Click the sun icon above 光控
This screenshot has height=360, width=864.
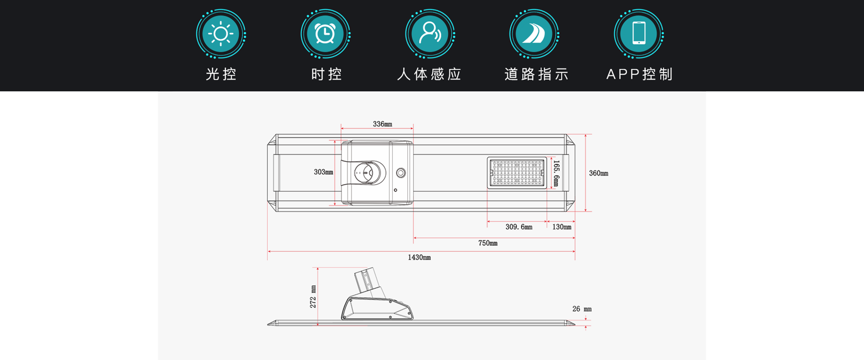coord(220,34)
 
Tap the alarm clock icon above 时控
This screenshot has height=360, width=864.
coord(325,34)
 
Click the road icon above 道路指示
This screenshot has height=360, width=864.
coord(534,34)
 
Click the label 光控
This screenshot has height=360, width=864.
coord(221,74)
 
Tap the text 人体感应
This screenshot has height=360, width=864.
coord(429,74)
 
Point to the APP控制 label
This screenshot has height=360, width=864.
coord(639,74)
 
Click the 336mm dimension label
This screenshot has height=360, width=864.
coord(382,124)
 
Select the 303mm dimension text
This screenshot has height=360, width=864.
coord(324,172)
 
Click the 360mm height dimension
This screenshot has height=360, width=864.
coord(598,173)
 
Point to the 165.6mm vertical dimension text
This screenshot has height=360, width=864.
coord(556,173)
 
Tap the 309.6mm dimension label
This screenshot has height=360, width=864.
coord(519,227)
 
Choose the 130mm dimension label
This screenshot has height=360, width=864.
coord(562,227)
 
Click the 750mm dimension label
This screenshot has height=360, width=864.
coord(488,243)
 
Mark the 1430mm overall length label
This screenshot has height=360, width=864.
coord(419,257)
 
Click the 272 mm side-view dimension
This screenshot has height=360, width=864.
coord(313,297)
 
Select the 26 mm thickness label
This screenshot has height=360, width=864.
coord(582,309)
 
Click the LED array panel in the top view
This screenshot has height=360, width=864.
coord(517,173)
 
